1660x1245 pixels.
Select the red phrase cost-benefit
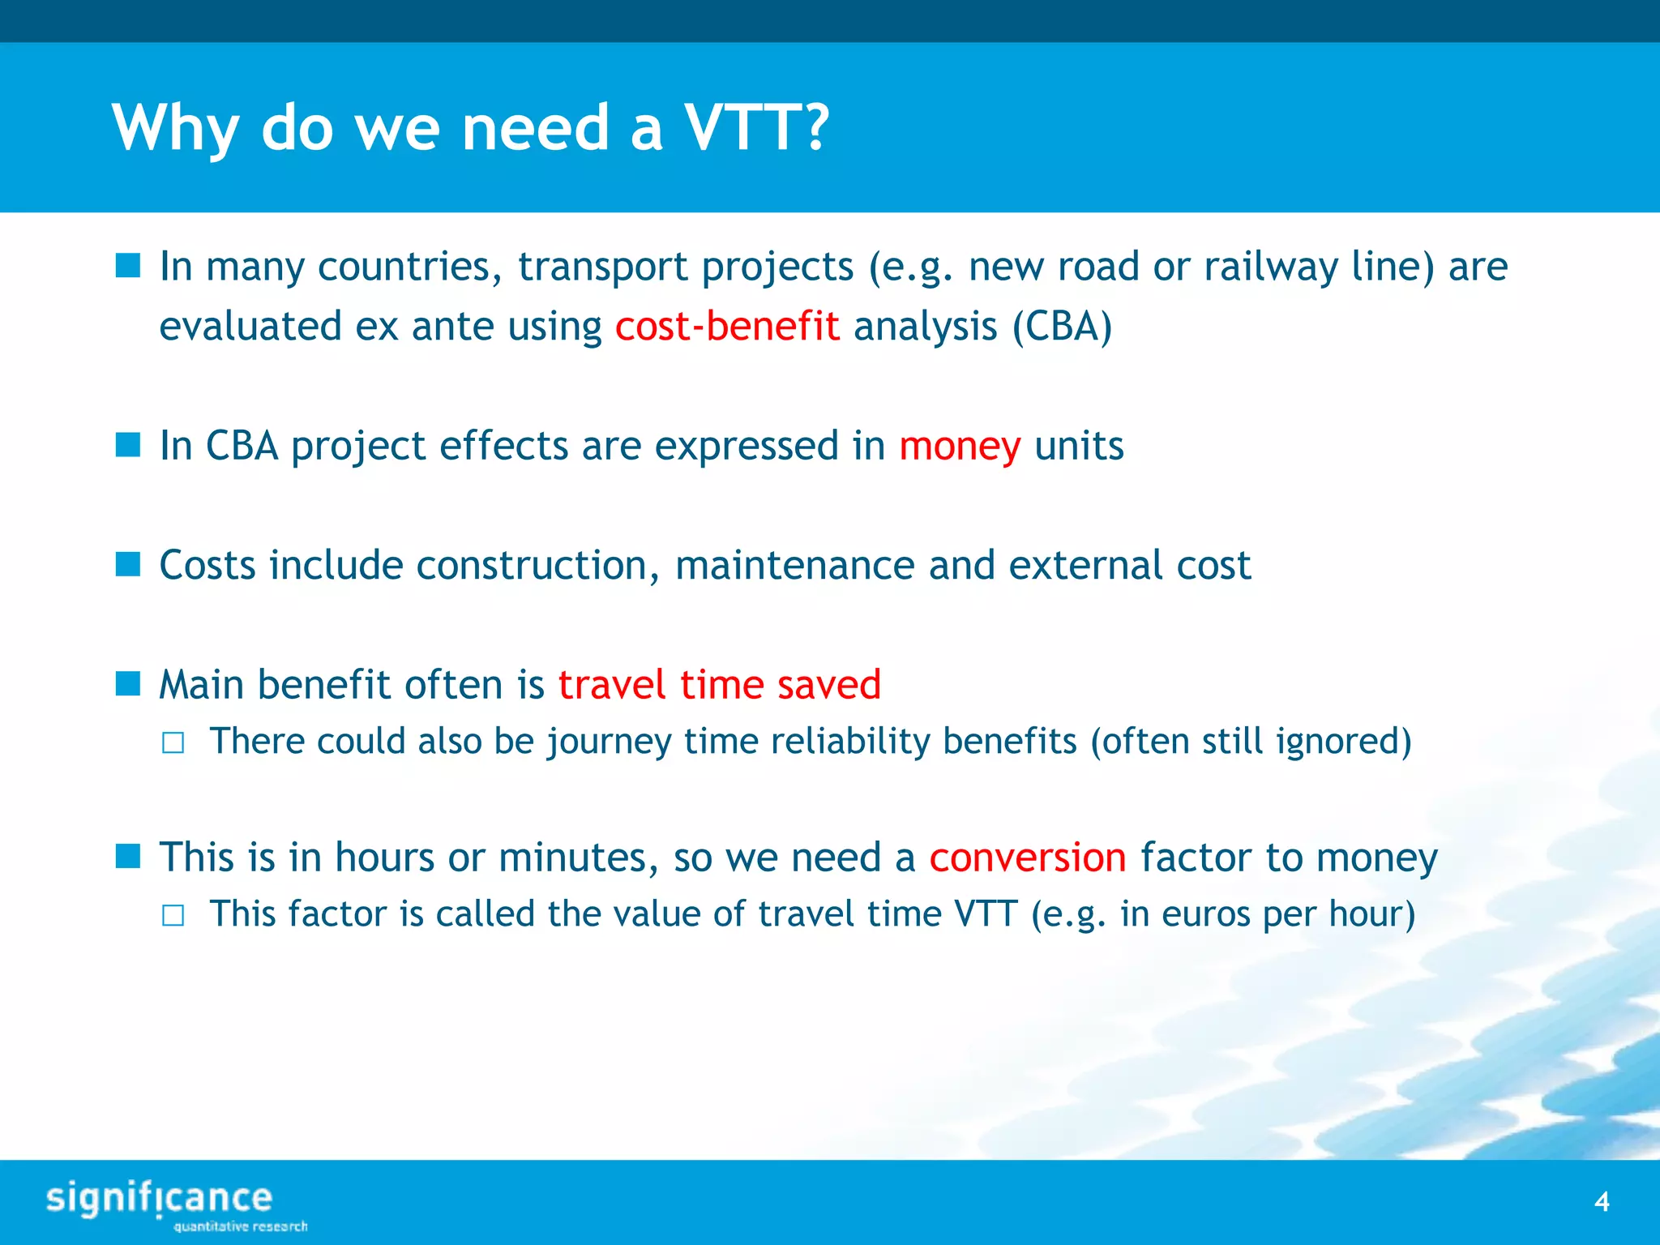tap(726, 327)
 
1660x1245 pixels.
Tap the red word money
tap(960, 447)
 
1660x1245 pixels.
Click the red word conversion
tap(1027, 858)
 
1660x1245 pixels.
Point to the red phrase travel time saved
tap(719, 685)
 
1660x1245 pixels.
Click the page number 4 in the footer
tap(1602, 1201)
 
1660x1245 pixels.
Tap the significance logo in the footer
tap(162, 1203)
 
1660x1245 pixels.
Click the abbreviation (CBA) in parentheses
tap(1062, 327)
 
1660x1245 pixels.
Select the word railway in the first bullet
tap(1270, 267)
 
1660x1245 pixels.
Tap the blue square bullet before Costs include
tap(128, 564)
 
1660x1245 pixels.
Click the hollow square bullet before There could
tap(173, 743)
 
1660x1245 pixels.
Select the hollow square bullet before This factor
tap(173, 916)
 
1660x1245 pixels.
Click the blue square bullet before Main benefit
tap(128, 683)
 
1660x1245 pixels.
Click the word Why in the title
tap(175, 128)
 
